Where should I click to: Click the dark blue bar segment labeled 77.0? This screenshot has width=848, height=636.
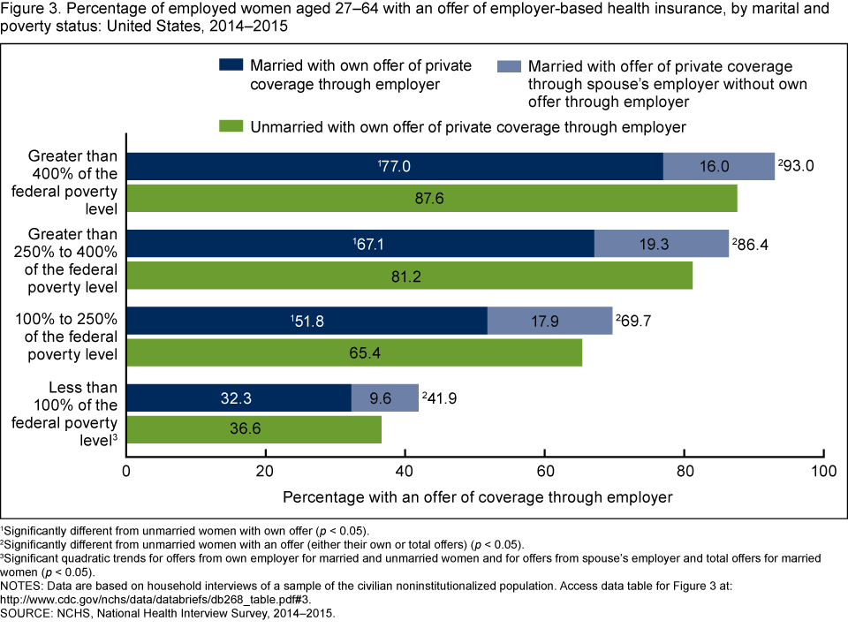[395, 166]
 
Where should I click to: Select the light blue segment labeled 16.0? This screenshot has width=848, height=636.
[718, 166]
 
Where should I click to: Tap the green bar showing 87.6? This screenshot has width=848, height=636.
[432, 199]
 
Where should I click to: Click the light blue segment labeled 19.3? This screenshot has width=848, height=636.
[661, 243]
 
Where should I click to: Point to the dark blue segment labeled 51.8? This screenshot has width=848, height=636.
[307, 321]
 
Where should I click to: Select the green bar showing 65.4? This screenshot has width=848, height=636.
[354, 352]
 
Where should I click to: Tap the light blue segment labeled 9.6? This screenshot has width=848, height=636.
[384, 397]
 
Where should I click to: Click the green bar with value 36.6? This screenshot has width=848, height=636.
[255, 429]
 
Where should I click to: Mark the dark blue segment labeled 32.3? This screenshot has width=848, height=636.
[238, 397]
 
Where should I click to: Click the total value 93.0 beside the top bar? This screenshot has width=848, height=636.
[797, 166]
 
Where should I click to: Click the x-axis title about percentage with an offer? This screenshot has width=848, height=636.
[477, 496]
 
